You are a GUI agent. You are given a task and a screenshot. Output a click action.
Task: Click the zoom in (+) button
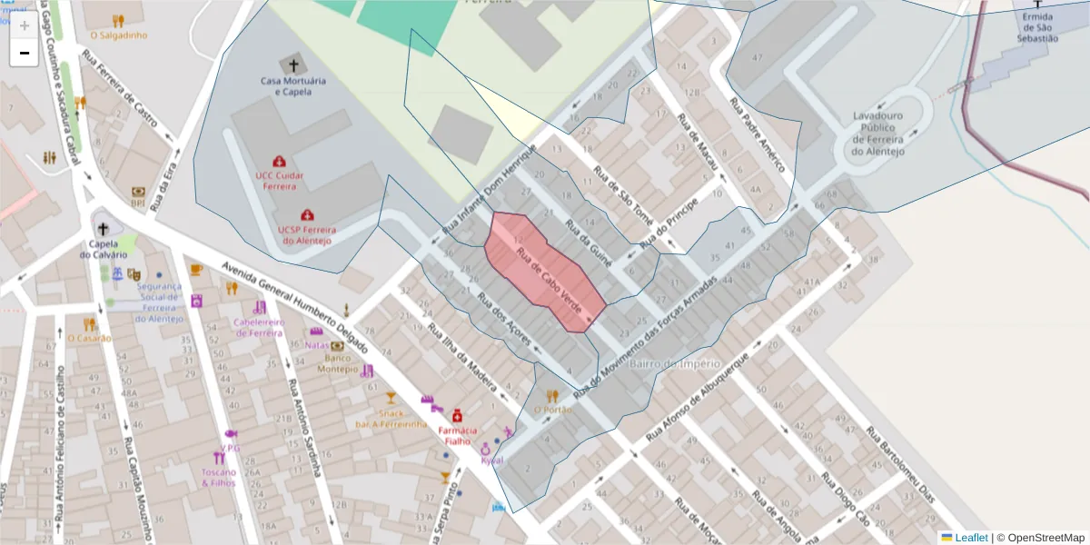pos(25,25)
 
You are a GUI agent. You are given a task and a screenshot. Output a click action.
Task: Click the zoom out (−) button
pos(25,54)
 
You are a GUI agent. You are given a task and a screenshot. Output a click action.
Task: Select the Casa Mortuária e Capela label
pos(292,86)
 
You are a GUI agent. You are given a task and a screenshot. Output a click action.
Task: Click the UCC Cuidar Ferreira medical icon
pos(277,160)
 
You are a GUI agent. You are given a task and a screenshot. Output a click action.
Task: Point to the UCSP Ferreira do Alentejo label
pos(305,235)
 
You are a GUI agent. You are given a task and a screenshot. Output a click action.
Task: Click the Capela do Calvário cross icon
pos(103,229)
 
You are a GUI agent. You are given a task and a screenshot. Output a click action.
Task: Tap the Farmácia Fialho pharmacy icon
pos(457,414)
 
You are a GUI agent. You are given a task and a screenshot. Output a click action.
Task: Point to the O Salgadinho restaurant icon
pos(118,20)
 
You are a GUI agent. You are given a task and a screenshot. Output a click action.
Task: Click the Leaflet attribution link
pos(970,538)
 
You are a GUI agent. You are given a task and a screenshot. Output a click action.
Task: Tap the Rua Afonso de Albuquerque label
pos(695,396)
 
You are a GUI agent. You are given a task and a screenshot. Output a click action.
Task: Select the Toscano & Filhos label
pos(218,478)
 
